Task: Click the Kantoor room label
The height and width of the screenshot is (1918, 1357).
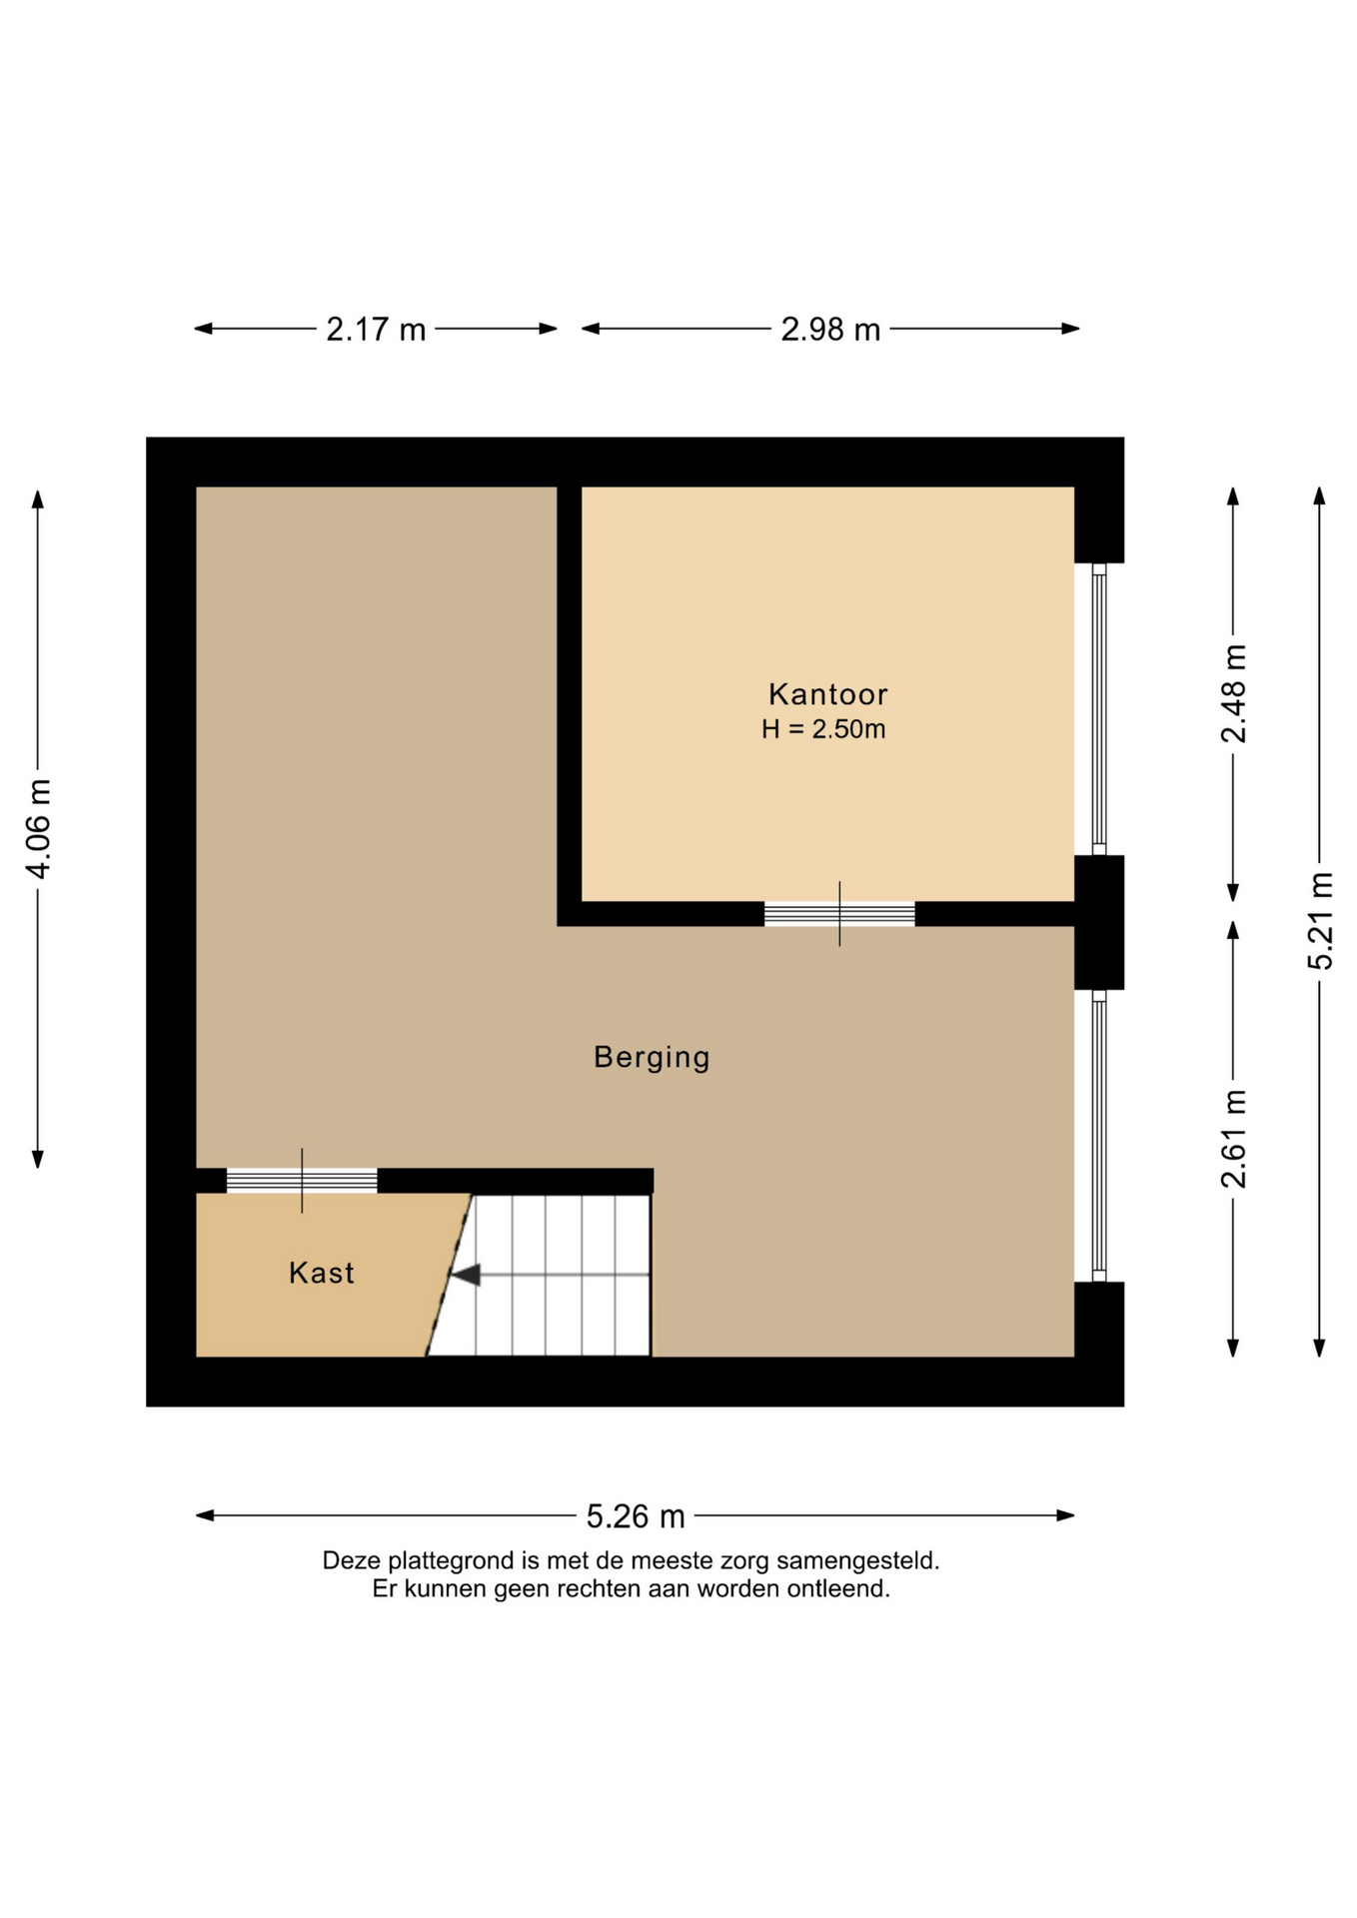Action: coord(827,694)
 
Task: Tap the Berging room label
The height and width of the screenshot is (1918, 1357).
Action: coord(652,1058)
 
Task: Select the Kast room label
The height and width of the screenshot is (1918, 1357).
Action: coord(322,1273)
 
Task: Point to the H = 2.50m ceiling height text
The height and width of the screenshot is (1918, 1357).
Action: coord(823,729)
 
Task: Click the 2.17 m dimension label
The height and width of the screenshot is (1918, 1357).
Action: coord(376,329)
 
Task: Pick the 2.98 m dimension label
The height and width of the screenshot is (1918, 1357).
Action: coord(830,329)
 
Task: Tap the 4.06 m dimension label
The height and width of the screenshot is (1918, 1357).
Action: coord(38,829)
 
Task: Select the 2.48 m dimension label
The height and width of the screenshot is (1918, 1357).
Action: coord(1234,694)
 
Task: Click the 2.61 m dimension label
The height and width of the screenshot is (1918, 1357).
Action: coord(1234,1139)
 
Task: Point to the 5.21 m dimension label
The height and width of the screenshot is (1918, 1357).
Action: coord(1320,920)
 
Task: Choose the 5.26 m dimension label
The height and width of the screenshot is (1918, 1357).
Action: coord(636,1516)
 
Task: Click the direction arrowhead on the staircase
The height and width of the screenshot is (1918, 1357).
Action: coord(466,1275)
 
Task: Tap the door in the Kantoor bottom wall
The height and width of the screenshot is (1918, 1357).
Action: coord(839,914)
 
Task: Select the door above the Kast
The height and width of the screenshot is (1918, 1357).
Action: coord(302,1181)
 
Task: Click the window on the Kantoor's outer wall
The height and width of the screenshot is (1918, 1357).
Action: coord(1099,709)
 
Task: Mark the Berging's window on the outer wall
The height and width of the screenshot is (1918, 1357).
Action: coord(1099,1136)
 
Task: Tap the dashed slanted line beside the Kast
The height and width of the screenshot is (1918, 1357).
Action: coord(449,1275)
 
